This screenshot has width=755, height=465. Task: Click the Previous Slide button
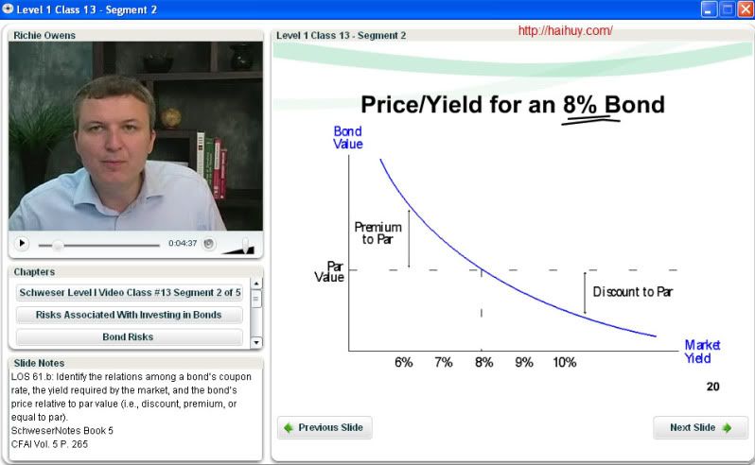(325, 427)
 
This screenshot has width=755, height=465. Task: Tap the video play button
(21, 243)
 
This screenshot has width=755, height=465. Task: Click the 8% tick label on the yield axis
(483, 363)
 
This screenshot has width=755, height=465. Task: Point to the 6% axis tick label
(403, 363)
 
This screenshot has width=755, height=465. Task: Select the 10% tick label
(564, 363)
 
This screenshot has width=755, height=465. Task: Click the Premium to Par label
(378, 233)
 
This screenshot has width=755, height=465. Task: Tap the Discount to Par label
(633, 292)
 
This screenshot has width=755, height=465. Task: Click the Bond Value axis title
(347, 138)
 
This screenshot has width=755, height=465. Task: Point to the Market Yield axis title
(702, 352)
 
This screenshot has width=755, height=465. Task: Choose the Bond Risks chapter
(129, 337)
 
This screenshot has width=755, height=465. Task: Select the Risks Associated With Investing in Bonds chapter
(129, 315)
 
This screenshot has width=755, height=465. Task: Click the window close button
(746, 9)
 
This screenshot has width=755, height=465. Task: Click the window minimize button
(709, 9)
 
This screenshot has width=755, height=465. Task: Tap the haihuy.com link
(565, 31)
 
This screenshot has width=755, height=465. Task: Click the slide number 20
(713, 387)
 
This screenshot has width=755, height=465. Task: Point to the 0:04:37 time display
(183, 243)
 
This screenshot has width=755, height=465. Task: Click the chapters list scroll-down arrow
(256, 342)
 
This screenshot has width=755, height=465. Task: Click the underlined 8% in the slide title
(580, 105)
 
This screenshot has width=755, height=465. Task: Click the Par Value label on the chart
(330, 271)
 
